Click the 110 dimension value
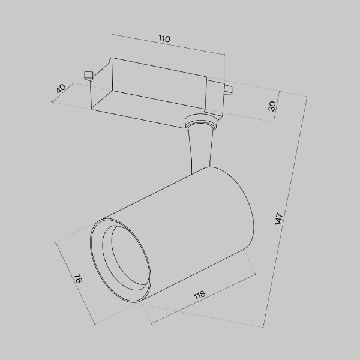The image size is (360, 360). click(x=164, y=39)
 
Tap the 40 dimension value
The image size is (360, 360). click(x=61, y=88)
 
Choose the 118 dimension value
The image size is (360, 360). click(x=200, y=295)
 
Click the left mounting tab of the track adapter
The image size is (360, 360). click(x=88, y=76)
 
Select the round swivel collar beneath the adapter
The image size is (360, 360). click(x=200, y=123)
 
